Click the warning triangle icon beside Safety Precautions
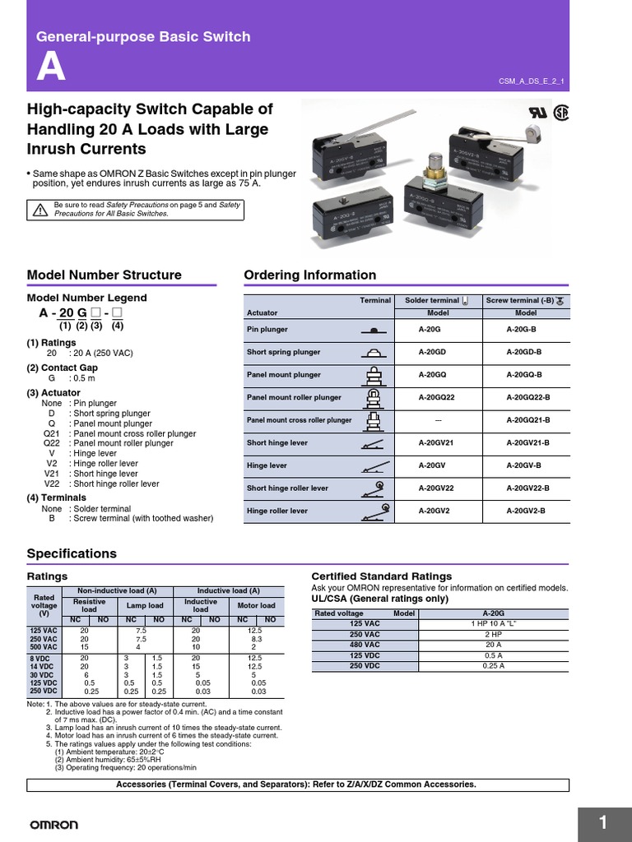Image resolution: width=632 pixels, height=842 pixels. pyautogui.click(x=39, y=210)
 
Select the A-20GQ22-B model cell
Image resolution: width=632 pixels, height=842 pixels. pyautogui.click(x=526, y=397)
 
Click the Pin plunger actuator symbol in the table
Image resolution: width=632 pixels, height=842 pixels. pyautogui.click(x=374, y=330)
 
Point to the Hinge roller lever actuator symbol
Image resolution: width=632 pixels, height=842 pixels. pyautogui.click(x=374, y=511)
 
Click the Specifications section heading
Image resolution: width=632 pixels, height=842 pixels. pyautogui.click(x=72, y=553)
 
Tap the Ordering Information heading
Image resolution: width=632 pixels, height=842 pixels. pyautogui.click(x=310, y=275)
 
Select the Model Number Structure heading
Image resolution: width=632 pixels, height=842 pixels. pyautogui.click(x=105, y=275)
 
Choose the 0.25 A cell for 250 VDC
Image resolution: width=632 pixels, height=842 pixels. pyautogui.click(x=493, y=666)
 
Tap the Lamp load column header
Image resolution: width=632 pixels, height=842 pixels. pyautogui.click(x=145, y=606)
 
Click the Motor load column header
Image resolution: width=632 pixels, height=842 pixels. pyautogui.click(x=257, y=606)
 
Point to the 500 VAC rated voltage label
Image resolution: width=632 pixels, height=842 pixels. pyautogui.click(x=44, y=647)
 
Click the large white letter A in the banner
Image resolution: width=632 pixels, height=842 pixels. pyautogui.click(x=51, y=68)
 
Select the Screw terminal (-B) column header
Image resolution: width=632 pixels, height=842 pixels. pyautogui.click(x=526, y=301)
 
